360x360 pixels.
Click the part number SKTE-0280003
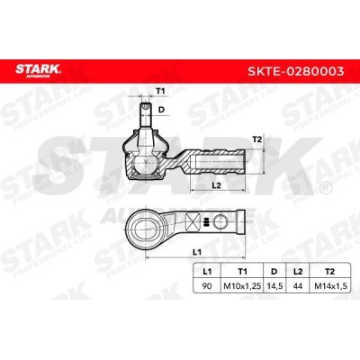tap(296, 71)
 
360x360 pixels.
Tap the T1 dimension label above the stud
tap(161, 92)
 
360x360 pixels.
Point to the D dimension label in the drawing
tap(162, 110)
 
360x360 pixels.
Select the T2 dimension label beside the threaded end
tap(257, 139)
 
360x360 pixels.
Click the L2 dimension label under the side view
tap(216, 185)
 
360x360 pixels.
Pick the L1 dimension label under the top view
tap(196, 252)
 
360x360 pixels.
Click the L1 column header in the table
tap(207, 272)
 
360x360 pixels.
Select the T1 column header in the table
tap(242, 272)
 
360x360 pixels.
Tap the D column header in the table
tap(274, 272)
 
